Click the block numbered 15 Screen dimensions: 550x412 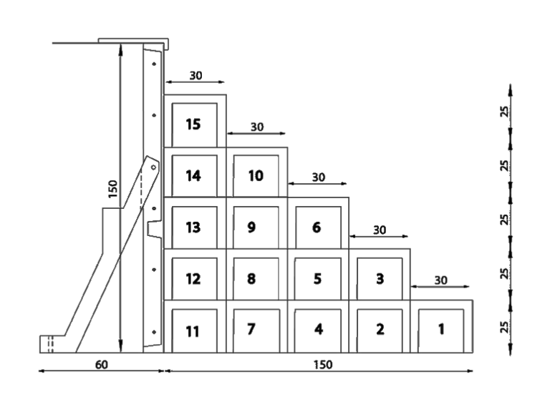195,121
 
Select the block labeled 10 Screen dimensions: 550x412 257,172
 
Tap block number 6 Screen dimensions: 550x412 318,223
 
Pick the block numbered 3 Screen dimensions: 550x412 380,275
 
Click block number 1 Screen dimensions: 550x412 442,326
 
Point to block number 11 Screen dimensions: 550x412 195,326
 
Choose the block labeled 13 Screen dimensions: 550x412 195,223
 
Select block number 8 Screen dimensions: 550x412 257,275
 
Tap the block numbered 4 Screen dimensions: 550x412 318,326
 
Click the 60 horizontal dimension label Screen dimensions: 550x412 102,365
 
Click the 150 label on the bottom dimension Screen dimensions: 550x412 323,365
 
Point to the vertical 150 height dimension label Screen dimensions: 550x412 112,189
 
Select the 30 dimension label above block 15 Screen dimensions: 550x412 196,75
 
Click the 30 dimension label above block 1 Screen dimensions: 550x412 441,280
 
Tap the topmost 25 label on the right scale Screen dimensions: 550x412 504,112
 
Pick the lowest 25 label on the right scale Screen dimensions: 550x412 504,327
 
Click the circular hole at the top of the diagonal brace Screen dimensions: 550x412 153,167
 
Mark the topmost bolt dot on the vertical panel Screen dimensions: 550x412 154,64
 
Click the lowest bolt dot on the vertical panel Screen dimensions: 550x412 154,332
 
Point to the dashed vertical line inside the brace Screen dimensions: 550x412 142,188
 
